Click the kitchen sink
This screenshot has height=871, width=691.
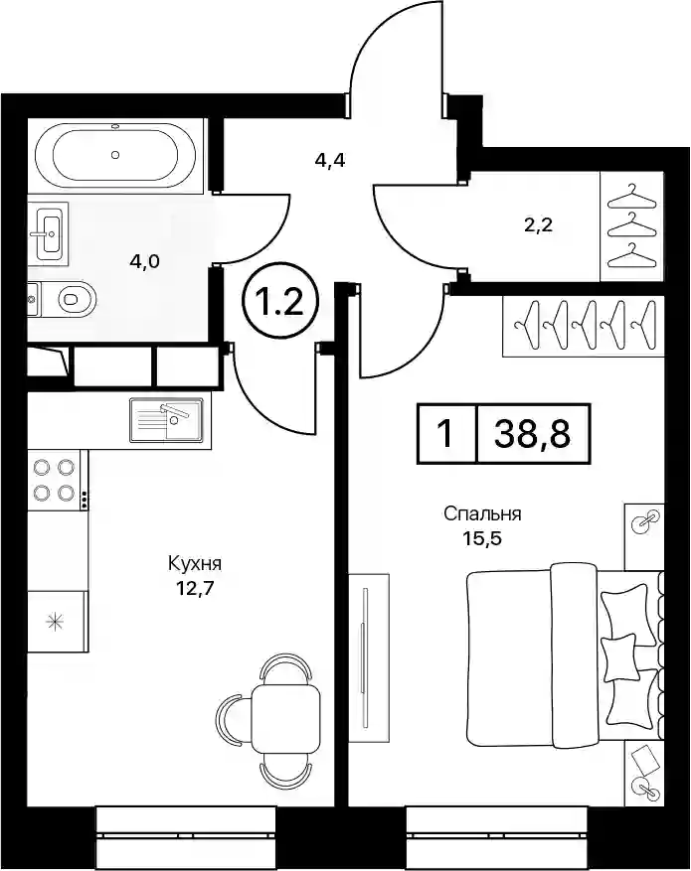tap(166, 420)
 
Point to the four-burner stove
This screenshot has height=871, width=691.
tap(55, 479)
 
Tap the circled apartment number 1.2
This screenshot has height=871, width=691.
tap(279, 304)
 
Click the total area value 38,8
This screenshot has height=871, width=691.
tap(533, 434)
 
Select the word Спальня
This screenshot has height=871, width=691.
tap(482, 514)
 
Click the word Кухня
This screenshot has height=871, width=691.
tap(195, 563)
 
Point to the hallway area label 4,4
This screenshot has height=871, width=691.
tap(330, 162)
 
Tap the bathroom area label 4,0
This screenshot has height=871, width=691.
tap(144, 260)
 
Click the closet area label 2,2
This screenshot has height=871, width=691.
tap(539, 225)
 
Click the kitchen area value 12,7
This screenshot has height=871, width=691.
tap(195, 587)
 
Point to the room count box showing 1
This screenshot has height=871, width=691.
tap(446, 434)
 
